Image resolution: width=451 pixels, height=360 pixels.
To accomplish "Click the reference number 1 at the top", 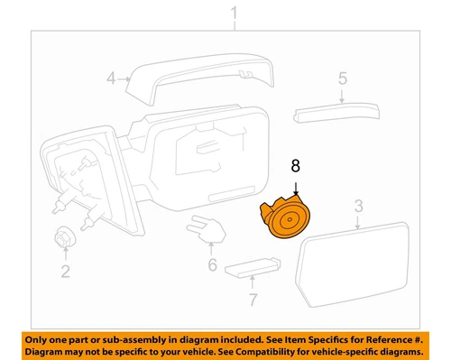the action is point(234,14).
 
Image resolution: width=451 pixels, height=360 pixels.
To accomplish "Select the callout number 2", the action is point(64,271).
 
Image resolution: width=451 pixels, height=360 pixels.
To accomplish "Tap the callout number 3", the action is point(358,208).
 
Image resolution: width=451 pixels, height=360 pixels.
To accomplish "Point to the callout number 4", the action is point(111,78).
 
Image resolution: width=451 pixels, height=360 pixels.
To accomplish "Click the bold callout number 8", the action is point(294,166).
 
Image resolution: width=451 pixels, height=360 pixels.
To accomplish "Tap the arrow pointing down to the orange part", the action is point(296,187).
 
